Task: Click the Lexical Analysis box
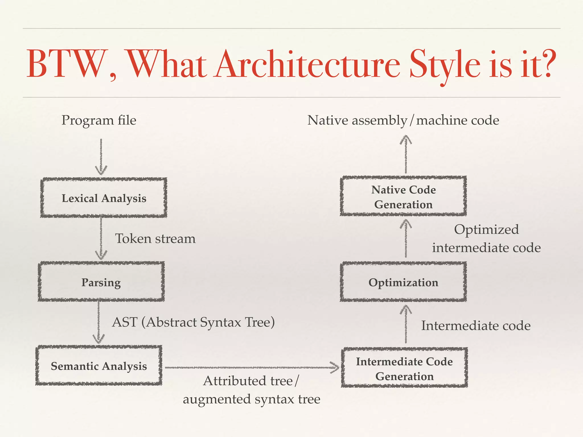(x=104, y=198)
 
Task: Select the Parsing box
(x=101, y=282)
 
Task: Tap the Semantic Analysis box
(x=99, y=366)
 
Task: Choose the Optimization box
(x=403, y=282)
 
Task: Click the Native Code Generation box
(x=403, y=197)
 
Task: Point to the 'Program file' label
(x=99, y=120)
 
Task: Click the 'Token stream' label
(x=155, y=239)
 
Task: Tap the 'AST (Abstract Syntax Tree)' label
(x=194, y=322)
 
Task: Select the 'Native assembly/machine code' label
(x=403, y=120)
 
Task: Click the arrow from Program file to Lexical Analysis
(x=101, y=156)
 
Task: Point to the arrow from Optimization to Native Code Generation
(x=406, y=239)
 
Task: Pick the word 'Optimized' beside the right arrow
(x=486, y=230)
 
